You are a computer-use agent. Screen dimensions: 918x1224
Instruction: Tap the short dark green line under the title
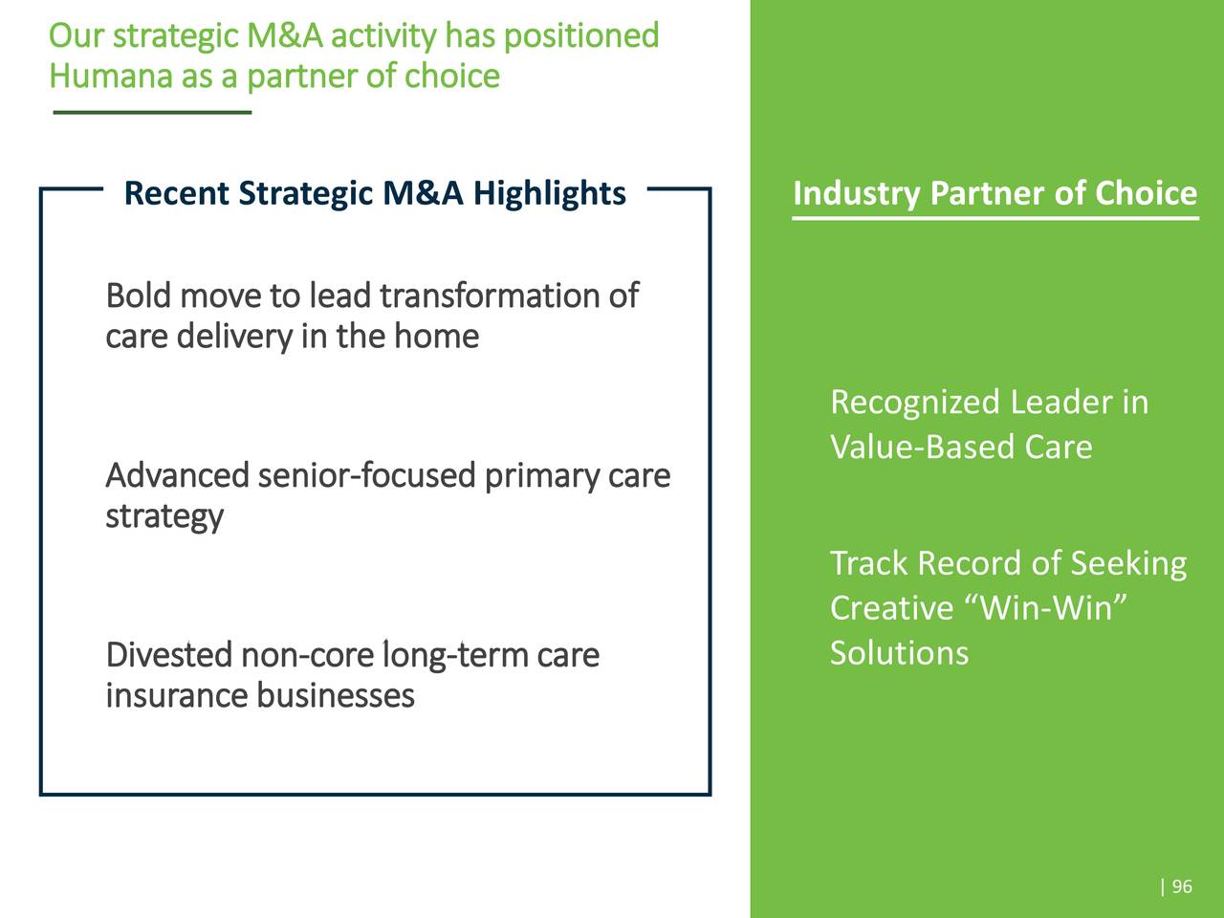click(152, 113)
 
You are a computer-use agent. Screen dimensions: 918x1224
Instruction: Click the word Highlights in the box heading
click(550, 193)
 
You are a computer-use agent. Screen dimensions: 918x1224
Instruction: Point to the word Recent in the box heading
click(177, 193)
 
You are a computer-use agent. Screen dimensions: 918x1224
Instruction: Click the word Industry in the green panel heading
click(856, 193)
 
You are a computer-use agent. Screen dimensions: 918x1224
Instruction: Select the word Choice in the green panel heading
click(1146, 193)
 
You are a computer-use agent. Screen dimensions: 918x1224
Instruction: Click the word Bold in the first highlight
click(138, 295)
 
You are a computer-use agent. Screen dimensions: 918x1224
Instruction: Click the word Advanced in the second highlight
click(177, 475)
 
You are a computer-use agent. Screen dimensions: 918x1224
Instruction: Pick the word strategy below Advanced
click(164, 517)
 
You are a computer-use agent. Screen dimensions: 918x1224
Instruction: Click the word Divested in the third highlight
click(168, 655)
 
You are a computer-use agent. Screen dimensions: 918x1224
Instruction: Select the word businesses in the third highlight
click(335, 695)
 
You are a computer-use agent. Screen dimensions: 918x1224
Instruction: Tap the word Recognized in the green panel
click(914, 403)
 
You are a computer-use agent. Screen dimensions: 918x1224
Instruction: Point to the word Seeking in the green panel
click(1128, 563)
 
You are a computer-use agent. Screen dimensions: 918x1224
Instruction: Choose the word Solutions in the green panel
click(899, 653)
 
